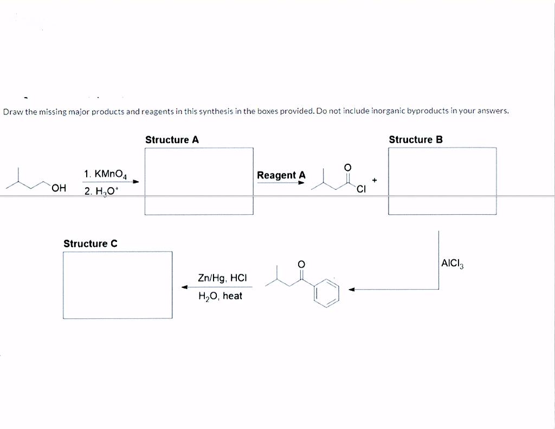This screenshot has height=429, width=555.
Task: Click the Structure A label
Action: click(172, 140)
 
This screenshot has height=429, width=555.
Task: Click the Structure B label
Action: click(416, 140)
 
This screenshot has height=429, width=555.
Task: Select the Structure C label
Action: click(90, 244)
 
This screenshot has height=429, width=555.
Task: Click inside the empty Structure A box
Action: click(199, 181)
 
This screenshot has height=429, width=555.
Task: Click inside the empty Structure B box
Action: click(442, 181)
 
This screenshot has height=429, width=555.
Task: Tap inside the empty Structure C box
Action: click(118, 285)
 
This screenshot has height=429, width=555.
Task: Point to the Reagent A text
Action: click(281, 175)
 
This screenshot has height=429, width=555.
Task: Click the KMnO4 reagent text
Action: click(106, 175)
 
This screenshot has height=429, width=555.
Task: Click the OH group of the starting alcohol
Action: click(59, 188)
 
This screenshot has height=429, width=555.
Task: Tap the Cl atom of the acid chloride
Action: click(362, 189)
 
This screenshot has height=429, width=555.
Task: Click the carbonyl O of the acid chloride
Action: click(348, 167)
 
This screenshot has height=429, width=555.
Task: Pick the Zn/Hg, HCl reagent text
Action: click(222, 278)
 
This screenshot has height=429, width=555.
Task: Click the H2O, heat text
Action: click(220, 296)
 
